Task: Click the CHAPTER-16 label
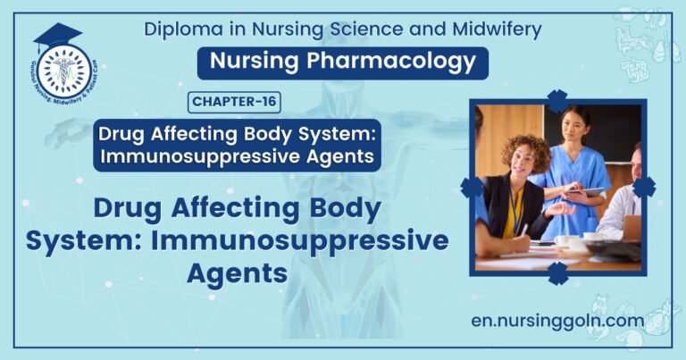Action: pos(235,102)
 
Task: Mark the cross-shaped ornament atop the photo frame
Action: pos(557,100)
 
